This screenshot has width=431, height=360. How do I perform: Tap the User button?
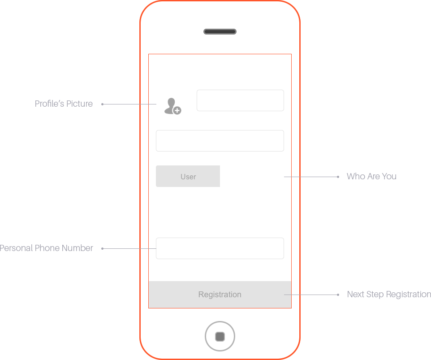coord(188,176)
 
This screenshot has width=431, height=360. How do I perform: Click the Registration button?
coord(220,294)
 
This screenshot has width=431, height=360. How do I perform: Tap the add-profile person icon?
coord(172,106)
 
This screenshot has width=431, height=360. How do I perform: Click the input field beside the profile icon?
coord(240,100)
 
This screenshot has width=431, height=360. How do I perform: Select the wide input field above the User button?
coord(220,141)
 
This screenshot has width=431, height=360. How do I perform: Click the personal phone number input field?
coord(220,248)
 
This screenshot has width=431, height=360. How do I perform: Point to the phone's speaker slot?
coord(220,32)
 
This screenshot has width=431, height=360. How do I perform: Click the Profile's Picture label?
coord(64,104)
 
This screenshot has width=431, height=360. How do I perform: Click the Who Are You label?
coord(371,176)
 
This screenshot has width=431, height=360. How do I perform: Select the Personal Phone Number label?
coord(46,248)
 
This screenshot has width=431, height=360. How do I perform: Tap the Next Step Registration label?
coord(389,295)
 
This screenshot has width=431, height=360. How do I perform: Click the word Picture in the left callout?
coord(79,104)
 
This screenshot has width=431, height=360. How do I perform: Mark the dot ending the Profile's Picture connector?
coord(102,104)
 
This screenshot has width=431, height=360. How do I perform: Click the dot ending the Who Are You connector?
coord(338,177)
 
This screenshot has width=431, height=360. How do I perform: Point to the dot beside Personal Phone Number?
coord(102,249)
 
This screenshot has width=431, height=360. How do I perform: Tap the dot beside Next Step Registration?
coord(338,295)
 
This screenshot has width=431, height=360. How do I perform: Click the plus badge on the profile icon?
coord(177,111)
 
